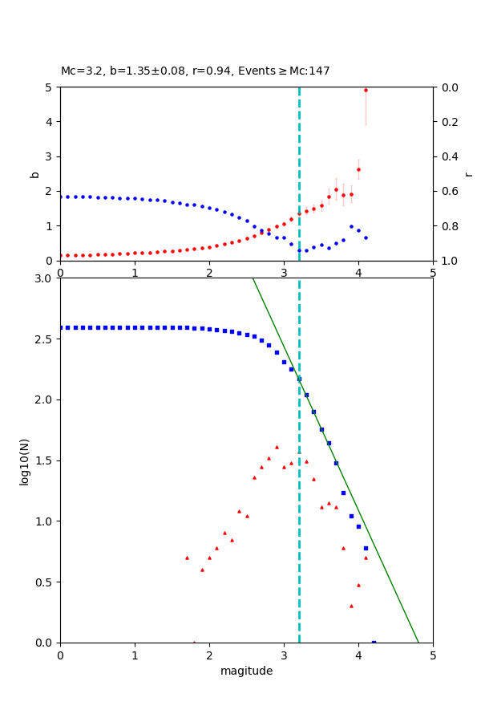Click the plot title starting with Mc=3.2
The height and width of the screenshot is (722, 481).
195,71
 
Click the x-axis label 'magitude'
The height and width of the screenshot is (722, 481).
246,671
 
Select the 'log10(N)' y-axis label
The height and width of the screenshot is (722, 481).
24,460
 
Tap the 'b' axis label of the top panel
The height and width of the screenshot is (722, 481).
34,173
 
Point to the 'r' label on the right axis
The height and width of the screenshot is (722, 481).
468,173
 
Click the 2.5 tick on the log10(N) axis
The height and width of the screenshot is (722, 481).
46,339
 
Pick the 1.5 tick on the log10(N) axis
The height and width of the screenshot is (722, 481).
46,460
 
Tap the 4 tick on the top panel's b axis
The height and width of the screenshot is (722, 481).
50,122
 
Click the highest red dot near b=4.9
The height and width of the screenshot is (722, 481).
366,90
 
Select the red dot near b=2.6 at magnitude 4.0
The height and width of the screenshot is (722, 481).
358,169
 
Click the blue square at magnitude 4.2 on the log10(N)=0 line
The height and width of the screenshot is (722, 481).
374,642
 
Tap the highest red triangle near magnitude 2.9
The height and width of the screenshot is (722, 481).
277,447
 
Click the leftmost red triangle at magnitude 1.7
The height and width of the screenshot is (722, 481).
187,558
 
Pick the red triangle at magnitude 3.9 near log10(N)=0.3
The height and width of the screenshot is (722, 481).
351,606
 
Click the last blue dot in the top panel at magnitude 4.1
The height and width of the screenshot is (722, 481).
366,237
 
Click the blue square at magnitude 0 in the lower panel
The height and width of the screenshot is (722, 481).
61,327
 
